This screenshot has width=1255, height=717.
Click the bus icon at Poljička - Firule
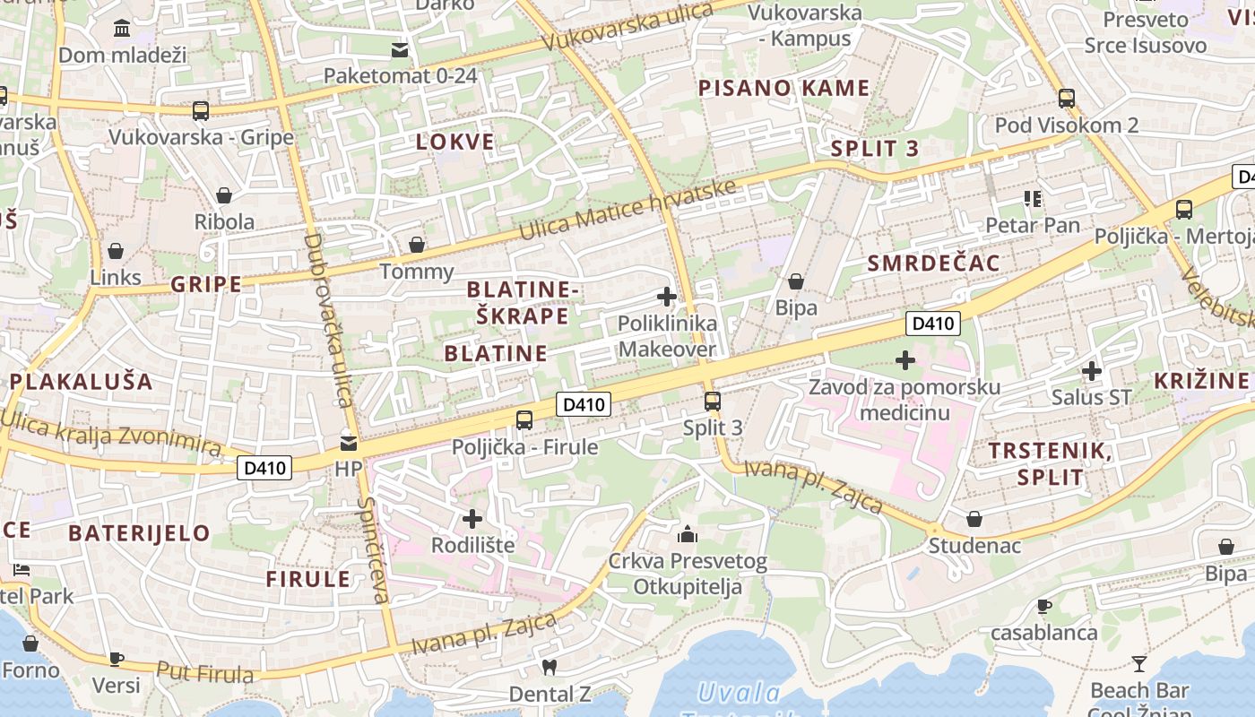coord(524,419)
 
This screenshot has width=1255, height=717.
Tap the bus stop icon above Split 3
coord(713,401)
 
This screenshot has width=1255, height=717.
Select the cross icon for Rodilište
coord(472,518)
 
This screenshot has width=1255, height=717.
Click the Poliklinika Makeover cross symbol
coord(667,297)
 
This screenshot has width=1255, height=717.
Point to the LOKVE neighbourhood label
coord(455,142)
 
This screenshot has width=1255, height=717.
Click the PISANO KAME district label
coord(783,88)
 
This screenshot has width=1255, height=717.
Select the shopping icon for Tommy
coord(417,244)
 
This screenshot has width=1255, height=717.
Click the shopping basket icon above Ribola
coord(224,194)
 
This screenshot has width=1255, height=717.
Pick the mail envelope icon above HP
coord(349,443)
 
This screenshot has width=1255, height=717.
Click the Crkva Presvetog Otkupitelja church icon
coord(688,535)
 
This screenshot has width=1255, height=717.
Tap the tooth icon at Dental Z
coord(550,667)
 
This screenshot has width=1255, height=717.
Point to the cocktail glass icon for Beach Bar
coord(1139,664)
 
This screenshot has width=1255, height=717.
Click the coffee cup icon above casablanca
coord(1043,606)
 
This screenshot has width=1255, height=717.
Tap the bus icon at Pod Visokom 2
coord(1066,98)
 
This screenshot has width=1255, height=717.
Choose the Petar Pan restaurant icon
coord(1033,198)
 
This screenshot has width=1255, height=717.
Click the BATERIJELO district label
coord(139,533)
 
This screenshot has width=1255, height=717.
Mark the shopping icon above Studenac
coord(974,519)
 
